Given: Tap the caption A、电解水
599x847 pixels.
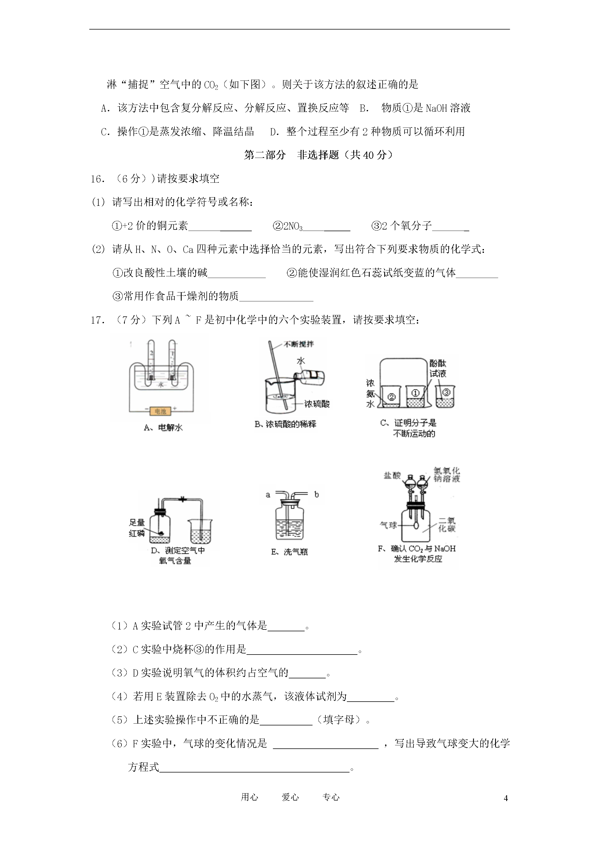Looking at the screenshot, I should pyautogui.click(x=163, y=428).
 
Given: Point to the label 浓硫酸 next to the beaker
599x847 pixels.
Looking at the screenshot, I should pyautogui.click(x=317, y=404).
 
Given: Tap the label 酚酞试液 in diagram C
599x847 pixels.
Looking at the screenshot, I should pyautogui.click(x=438, y=368).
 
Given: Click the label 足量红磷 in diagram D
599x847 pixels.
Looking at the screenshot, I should pyautogui.click(x=137, y=528).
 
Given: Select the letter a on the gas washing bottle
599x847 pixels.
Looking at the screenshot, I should pyautogui.click(x=268, y=495).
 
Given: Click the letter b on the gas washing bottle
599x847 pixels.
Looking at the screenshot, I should pyautogui.click(x=316, y=495).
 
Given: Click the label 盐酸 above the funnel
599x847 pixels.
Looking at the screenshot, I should pyautogui.click(x=392, y=475).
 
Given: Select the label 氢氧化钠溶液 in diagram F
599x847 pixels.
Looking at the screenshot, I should pyautogui.click(x=447, y=475).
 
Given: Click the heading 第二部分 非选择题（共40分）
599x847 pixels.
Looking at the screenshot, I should pyautogui.click(x=318, y=155).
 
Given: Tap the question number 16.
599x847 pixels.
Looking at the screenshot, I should pyautogui.click(x=98, y=179).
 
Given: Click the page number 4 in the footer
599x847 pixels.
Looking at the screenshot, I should pyautogui.click(x=506, y=798).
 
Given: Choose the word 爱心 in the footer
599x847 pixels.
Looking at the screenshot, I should pyautogui.click(x=290, y=797).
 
